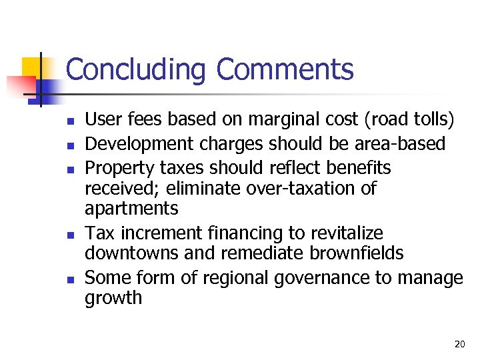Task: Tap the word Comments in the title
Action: click(285, 69)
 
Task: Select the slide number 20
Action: click(459, 344)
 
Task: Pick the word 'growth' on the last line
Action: click(113, 298)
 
